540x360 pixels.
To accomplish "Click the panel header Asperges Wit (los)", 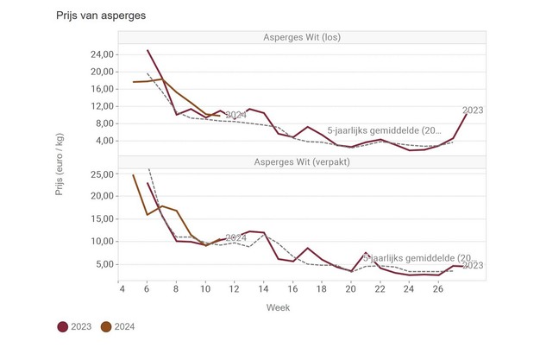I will pyautogui.click(x=302, y=36).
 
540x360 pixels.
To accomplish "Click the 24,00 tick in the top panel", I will pyautogui.click(x=100, y=54).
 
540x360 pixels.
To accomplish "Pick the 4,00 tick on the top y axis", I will pyautogui.click(x=104, y=141).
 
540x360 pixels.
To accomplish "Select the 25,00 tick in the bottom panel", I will pyautogui.click(x=100, y=174).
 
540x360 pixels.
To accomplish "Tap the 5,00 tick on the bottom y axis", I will pyautogui.click(x=104, y=264).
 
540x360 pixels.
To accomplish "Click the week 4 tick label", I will pyautogui.click(x=118, y=289).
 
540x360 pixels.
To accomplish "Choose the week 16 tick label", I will pyautogui.click(x=292, y=289).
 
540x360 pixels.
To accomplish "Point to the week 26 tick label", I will pyautogui.click(x=437, y=289).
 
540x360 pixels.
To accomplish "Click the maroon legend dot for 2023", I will pyautogui.click(x=63, y=326).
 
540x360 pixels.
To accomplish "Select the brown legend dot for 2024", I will pyautogui.click(x=106, y=326).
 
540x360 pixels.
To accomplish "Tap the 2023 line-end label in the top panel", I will pyautogui.click(x=473, y=110).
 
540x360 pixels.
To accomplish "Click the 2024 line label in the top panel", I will pyautogui.click(x=236, y=115).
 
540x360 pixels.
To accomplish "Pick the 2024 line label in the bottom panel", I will pyautogui.click(x=236, y=237).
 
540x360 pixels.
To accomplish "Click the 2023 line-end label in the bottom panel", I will pyautogui.click(x=473, y=266).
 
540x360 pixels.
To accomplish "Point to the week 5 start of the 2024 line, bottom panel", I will pyautogui.click(x=134, y=175).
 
